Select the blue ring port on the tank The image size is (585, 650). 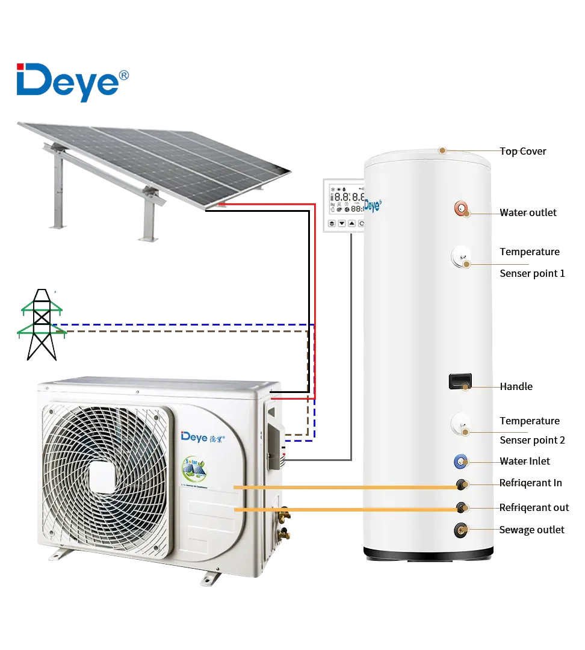point(460,462)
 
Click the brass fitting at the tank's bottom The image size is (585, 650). point(462,530)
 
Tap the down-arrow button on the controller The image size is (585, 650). point(342,223)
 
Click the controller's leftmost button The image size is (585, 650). point(332,223)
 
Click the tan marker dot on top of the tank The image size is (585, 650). point(442,150)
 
